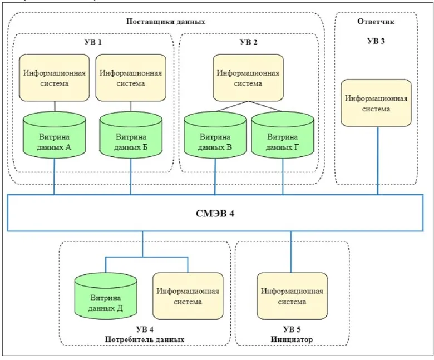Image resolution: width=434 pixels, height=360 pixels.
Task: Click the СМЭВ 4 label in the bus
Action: (215, 214)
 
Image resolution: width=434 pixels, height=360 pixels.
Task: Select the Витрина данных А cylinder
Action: (54, 135)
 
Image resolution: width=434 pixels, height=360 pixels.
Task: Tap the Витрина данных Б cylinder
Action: (131, 135)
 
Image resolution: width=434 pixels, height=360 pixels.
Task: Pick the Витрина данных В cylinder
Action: (215, 135)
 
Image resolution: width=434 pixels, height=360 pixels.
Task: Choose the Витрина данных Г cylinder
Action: (283, 135)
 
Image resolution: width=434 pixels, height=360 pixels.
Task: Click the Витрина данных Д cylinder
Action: (106, 297)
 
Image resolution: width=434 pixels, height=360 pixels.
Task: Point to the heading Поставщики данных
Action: (166, 22)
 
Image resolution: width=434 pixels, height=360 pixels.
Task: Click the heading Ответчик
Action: (376, 21)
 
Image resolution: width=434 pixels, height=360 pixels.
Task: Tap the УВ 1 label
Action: (93, 42)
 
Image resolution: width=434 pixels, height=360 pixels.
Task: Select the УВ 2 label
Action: (248, 42)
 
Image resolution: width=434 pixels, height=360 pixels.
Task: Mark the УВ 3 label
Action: (376, 41)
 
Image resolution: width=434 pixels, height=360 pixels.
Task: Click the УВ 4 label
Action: (145, 329)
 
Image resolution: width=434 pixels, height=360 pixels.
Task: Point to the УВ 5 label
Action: (292, 329)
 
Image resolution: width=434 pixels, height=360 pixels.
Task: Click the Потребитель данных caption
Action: (145, 339)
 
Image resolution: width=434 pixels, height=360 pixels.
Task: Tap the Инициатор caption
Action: (292, 339)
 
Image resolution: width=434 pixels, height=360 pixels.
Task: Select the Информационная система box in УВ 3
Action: (376, 103)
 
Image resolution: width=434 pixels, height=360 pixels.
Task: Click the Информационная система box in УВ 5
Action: (292, 296)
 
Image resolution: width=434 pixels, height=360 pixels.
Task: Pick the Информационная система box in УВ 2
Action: (248, 78)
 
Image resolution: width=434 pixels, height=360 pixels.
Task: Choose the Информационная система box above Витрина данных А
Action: (55, 78)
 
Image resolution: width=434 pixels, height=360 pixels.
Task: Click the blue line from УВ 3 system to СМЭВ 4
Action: (378, 160)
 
